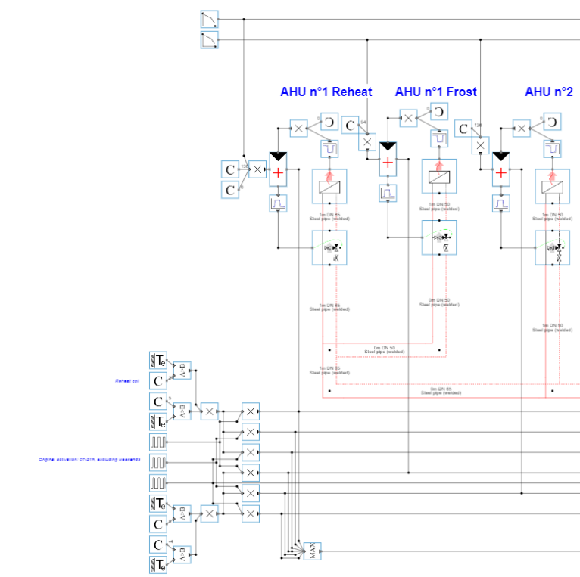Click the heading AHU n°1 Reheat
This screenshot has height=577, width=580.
point(326,92)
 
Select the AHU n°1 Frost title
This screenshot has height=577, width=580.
point(435,92)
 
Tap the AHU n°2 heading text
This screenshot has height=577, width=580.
point(549,92)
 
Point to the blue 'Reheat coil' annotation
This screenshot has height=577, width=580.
point(126,381)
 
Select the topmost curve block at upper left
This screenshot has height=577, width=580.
point(209,18)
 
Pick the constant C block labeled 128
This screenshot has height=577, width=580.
point(463,129)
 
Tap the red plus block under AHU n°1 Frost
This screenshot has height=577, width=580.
point(388,163)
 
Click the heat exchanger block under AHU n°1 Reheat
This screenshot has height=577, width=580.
point(329,186)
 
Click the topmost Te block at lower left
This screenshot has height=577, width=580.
point(158,359)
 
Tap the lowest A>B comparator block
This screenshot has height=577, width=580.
point(182,554)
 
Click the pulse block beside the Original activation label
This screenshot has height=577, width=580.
point(158,461)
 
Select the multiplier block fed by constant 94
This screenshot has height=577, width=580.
point(367,142)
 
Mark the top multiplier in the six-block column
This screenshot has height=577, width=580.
point(250,411)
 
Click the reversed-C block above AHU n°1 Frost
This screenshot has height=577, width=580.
point(438,113)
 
